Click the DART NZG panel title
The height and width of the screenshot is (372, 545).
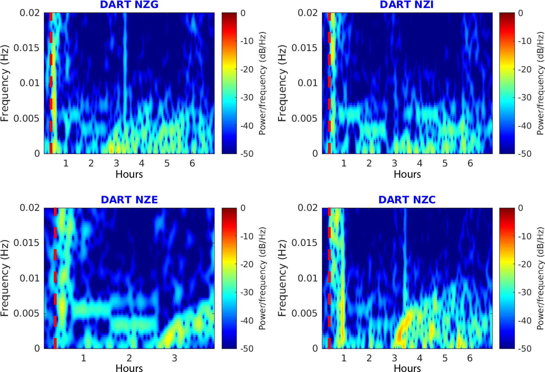pos(129,4)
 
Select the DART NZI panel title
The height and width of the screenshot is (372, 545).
pos(407,4)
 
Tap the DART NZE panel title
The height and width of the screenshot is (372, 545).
pos(129,200)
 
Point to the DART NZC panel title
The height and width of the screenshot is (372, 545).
pos(407,200)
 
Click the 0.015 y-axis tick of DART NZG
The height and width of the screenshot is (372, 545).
pos(26,48)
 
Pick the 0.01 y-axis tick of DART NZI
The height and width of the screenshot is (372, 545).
pos(307,83)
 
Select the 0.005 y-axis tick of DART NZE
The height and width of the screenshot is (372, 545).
pos(26,313)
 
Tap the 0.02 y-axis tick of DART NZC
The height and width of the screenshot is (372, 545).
pos(307,208)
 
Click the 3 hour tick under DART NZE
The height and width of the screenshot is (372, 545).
pos(174,358)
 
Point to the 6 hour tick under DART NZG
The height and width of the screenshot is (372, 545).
pos(192,163)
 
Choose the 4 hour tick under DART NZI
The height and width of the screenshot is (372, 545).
pos(419,163)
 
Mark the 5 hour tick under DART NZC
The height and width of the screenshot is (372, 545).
pos(445,358)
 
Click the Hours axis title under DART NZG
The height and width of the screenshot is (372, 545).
pos(129,174)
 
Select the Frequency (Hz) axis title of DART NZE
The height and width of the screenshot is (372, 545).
pos(5,278)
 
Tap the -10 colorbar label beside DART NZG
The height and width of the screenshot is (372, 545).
pos(247,41)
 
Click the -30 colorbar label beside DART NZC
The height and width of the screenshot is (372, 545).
pos(525,292)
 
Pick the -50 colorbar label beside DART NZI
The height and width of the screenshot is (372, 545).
pos(525,154)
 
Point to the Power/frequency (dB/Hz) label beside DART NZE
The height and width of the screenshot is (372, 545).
pos(262,278)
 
